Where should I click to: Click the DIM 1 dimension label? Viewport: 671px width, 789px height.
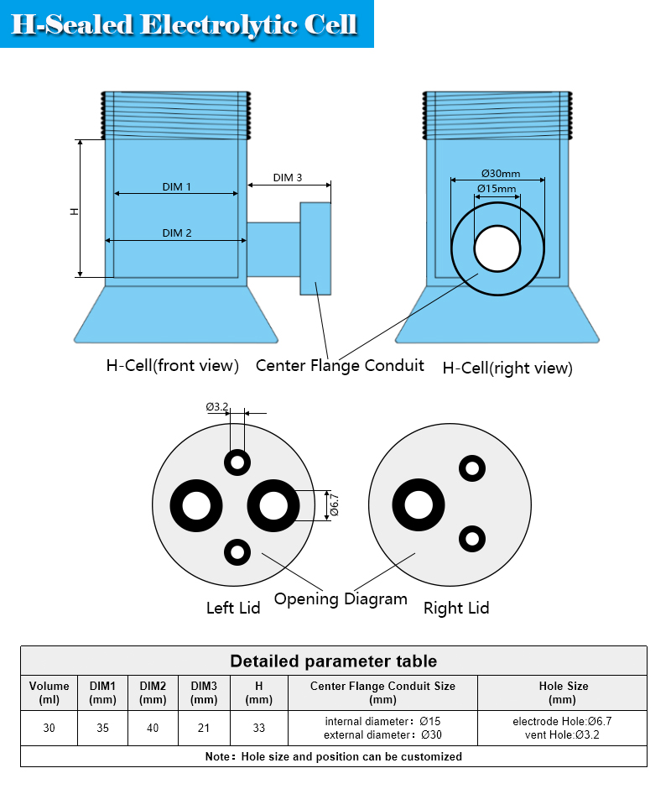click(176, 186)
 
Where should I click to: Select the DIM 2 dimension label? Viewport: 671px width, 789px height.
click(176, 233)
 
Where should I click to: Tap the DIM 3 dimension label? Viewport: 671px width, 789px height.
click(287, 178)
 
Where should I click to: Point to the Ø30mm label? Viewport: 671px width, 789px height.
click(501, 174)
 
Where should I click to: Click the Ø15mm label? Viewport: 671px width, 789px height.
click(497, 189)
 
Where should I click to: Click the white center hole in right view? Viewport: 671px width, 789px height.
click(497, 248)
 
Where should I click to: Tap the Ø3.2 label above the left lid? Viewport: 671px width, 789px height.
click(216, 406)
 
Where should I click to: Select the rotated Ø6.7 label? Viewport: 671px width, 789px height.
click(334, 505)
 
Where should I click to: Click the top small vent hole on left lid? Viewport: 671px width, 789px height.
click(237, 462)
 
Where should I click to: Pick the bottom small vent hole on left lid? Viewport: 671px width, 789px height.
click(237, 552)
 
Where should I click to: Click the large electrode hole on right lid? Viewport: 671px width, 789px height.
click(419, 504)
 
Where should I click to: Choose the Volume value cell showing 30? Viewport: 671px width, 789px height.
click(49, 728)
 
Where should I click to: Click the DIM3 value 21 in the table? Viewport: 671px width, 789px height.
click(204, 728)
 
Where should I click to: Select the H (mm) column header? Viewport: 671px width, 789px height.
click(258, 692)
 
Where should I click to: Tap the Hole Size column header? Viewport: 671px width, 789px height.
click(563, 692)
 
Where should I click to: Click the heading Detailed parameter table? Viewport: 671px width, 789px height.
click(334, 661)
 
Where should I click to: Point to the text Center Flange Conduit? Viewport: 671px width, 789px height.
click(340, 365)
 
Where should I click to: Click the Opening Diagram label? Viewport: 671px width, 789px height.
click(341, 598)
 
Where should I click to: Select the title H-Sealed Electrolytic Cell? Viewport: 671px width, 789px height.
click(184, 24)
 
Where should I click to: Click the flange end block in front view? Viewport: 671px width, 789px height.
click(315, 248)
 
